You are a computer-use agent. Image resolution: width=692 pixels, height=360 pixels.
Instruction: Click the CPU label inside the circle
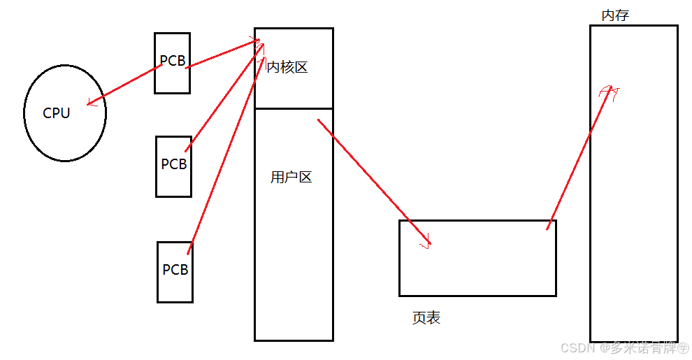click(x=57, y=113)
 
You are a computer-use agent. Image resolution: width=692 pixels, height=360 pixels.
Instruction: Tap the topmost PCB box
click(x=172, y=62)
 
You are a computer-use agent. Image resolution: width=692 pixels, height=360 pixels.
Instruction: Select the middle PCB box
click(x=173, y=165)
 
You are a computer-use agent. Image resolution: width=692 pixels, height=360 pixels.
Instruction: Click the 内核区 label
click(x=287, y=68)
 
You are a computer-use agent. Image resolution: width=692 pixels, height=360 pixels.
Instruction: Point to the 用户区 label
click(x=291, y=178)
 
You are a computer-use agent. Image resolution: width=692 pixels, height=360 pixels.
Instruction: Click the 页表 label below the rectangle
click(x=426, y=318)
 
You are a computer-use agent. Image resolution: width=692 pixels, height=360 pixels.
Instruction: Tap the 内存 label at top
click(x=615, y=15)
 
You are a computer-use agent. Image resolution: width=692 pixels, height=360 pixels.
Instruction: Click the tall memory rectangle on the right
click(x=633, y=210)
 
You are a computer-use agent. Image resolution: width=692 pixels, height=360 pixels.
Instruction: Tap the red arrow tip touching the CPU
click(x=89, y=105)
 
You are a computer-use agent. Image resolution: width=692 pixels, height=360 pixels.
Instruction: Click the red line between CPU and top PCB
click(x=126, y=85)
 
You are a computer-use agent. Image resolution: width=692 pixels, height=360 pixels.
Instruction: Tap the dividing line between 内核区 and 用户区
click(x=294, y=109)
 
